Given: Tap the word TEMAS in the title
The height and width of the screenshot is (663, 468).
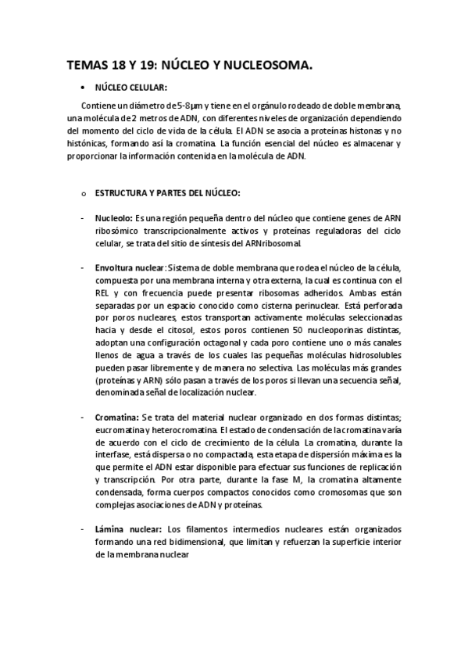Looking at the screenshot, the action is click(88, 67).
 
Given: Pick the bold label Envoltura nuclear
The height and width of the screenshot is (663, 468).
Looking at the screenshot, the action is click(130, 267).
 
